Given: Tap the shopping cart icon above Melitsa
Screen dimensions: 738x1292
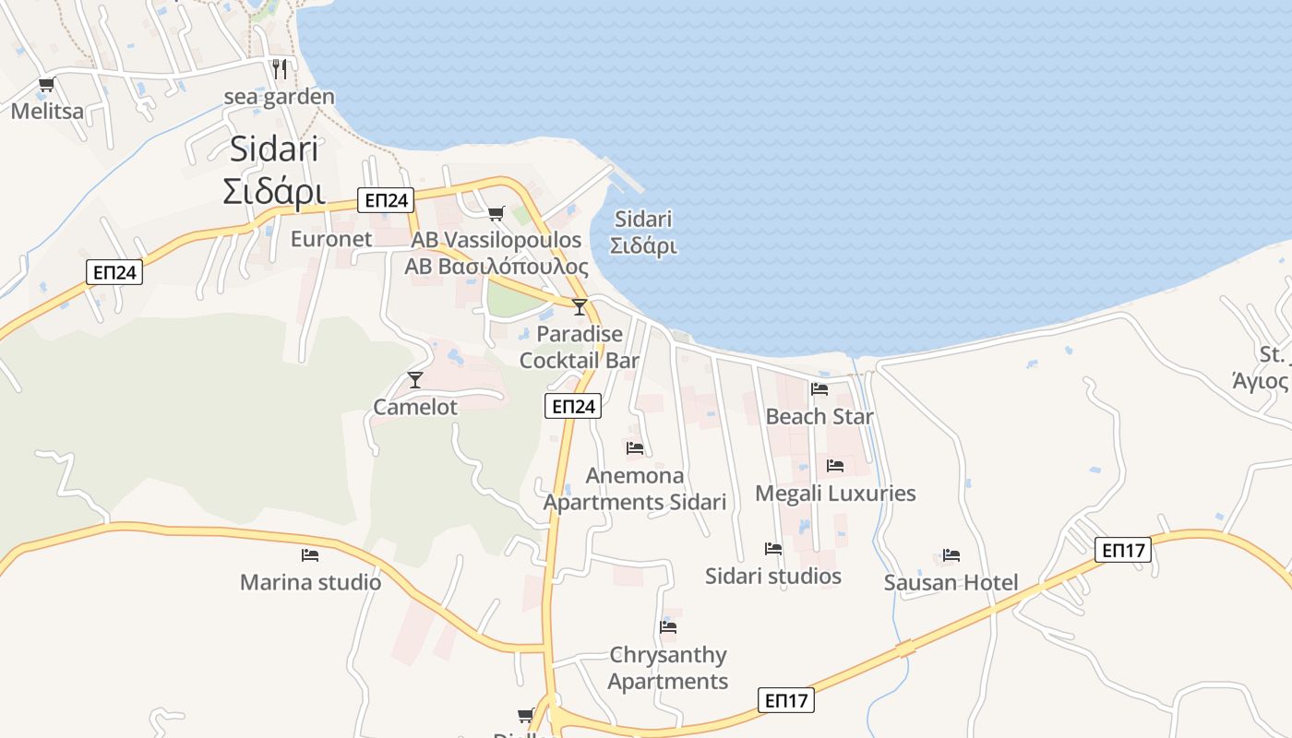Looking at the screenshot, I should point(46,85).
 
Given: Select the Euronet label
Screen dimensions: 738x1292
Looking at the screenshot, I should point(331,239).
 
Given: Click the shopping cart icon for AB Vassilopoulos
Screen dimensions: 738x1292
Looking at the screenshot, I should point(496,214).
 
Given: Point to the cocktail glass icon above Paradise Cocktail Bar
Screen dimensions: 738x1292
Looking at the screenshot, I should point(580,307).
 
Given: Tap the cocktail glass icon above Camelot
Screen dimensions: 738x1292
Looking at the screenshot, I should point(415,380).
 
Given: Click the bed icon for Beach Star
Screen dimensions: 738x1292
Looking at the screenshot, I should point(819,389).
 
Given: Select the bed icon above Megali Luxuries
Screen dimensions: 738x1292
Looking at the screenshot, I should point(835,466).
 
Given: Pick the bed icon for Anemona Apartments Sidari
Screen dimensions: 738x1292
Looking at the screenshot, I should point(635,448).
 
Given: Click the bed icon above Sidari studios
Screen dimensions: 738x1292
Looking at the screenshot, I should point(773,549).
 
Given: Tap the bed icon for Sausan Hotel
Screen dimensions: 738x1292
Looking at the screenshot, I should point(951,555).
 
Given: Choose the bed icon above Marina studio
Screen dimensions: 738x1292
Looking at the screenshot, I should point(310,555).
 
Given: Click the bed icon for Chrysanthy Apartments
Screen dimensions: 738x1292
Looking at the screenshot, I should point(669,627).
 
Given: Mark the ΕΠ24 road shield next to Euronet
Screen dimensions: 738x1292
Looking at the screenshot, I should point(387,200).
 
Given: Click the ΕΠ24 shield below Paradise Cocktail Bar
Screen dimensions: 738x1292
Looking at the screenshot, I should point(573,406).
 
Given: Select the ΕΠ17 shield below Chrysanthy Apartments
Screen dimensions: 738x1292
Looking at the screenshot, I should point(786,700).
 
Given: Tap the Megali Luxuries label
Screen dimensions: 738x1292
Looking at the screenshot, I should point(835,494).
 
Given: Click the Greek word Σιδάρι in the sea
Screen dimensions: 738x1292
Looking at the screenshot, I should point(644,246).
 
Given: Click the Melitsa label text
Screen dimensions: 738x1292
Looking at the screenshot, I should point(47,112).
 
